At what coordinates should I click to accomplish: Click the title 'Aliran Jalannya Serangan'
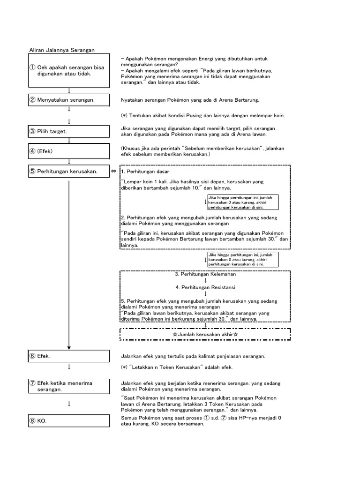click(62, 50)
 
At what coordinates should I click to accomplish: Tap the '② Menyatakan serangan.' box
click(69, 100)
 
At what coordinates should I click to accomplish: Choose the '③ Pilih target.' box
click(69, 131)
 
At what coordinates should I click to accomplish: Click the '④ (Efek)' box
click(69, 152)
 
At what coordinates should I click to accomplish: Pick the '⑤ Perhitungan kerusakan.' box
click(69, 172)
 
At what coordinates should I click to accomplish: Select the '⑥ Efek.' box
click(69, 356)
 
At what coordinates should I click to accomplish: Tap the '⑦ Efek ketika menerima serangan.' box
click(69, 386)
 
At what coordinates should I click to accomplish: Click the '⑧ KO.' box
click(69, 421)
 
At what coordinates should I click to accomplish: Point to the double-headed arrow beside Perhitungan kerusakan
click(114, 172)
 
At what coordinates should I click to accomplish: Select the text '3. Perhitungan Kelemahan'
click(205, 274)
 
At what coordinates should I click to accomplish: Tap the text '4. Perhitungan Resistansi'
click(205, 287)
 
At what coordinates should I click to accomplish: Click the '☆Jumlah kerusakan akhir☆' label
click(205, 334)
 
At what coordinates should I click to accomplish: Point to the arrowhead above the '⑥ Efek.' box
click(69, 347)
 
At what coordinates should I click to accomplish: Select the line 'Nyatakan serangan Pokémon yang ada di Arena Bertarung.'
click(190, 100)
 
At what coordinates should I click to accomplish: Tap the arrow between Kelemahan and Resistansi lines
click(205, 280)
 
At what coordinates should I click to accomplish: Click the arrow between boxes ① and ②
click(69, 90)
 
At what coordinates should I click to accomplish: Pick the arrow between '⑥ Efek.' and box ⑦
click(69, 367)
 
